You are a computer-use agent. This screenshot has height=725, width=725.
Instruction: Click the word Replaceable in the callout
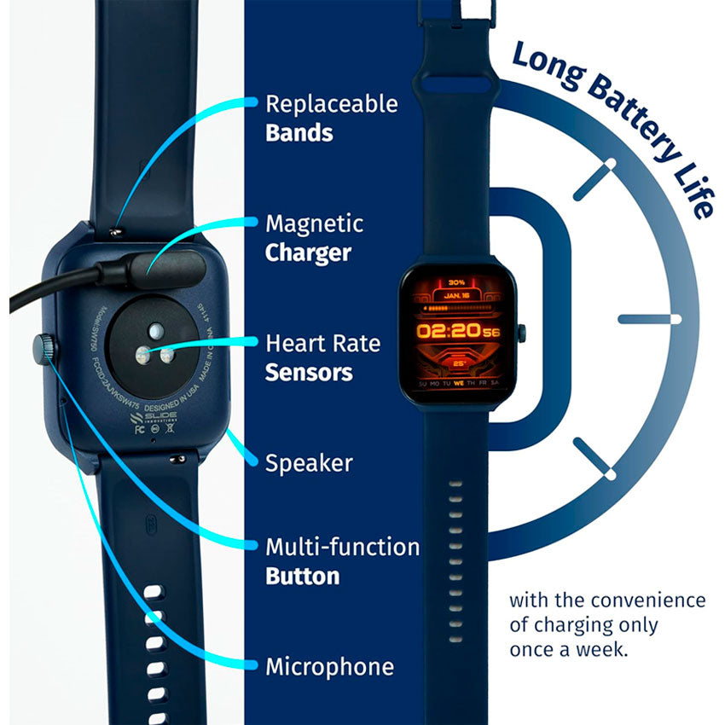pyautogui.click(x=331, y=104)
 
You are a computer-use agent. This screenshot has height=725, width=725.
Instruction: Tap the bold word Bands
pyautogui.click(x=299, y=133)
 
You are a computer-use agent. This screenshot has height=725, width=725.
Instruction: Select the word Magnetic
pyautogui.click(x=314, y=224)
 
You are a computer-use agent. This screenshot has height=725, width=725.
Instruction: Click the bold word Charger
pyautogui.click(x=308, y=253)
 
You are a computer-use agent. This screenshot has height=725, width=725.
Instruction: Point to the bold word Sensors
pyautogui.click(x=309, y=373)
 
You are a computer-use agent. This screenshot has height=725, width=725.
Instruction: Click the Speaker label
pyautogui.click(x=309, y=463)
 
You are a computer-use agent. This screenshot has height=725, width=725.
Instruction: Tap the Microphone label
pyautogui.click(x=329, y=666)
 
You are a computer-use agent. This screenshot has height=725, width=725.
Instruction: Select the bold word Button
pyautogui.click(x=302, y=576)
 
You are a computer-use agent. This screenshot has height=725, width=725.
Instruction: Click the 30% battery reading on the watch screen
pyautogui.click(x=456, y=282)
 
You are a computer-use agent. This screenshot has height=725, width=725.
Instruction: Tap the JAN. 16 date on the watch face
pyautogui.click(x=457, y=295)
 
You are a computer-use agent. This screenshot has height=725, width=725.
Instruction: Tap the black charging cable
pyautogui.click(x=51, y=291)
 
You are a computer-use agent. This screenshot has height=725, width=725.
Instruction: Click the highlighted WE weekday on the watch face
pyautogui.click(x=458, y=384)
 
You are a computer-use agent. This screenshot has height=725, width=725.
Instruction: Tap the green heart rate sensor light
pyautogui.click(x=157, y=330)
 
